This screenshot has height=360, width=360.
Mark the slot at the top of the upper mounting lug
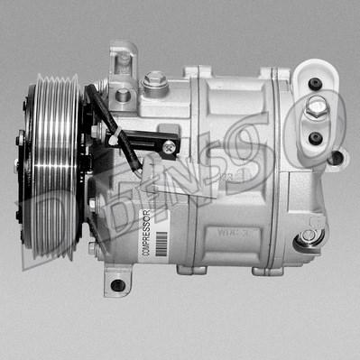[125, 60]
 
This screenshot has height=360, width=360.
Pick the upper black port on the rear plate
[315, 84]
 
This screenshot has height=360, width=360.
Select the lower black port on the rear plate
[314, 138]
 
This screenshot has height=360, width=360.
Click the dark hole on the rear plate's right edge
[336, 157]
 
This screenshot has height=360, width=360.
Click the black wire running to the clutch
[102, 113]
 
